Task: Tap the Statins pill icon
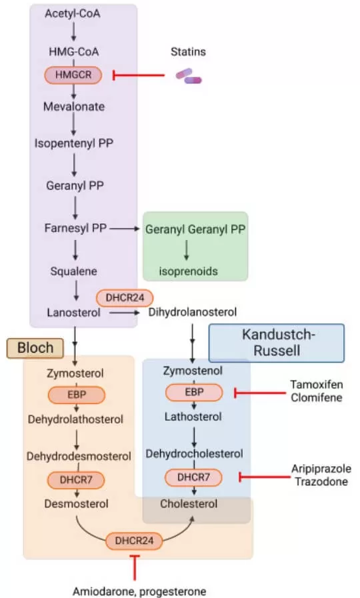pyautogui.click(x=188, y=77)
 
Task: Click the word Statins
pyautogui.click(x=188, y=52)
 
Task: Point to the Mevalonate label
pyautogui.click(x=74, y=106)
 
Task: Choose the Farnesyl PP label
pyautogui.click(x=74, y=228)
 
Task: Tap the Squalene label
pyautogui.click(x=74, y=271)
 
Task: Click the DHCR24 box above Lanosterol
pyautogui.click(x=125, y=297)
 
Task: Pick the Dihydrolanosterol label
pyautogui.click(x=193, y=311)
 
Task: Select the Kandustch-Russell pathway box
pyautogui.click(x=277, y=343)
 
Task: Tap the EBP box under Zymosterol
pyautogui.click(x=75, y=395)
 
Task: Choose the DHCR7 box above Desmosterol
pyautogui.click(x=75, y=479)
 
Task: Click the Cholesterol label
pyautogui.click(x=189, y=504)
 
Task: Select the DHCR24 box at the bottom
pyautogui.click(x=134, y=541)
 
